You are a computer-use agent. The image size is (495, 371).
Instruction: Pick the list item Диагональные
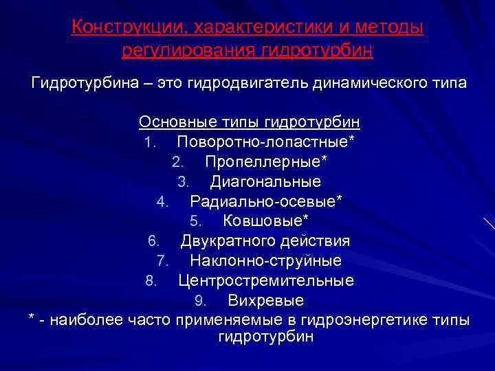[x=265, y=182]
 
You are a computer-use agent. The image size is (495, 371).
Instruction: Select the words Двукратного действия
[x=265, y=241]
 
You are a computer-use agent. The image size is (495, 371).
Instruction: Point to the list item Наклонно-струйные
[x=265, y=261]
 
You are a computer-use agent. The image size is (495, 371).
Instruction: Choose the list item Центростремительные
[x=266, y=281]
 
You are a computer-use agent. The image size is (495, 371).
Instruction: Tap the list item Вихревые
[x=265, y=301]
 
